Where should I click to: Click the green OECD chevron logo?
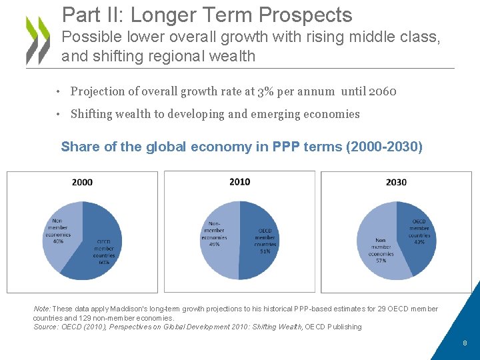(38, 40)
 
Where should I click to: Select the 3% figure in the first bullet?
(265, 91)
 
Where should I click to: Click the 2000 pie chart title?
(82, 182)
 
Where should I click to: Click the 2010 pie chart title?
(239, 181)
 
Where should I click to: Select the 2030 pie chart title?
(396, 182)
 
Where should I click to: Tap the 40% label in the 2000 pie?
(58, 241)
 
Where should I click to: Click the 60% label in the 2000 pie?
(104, 262)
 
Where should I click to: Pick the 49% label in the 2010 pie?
(215, 244)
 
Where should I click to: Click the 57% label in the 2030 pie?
(381, 261)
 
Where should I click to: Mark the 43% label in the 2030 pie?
(419, 241)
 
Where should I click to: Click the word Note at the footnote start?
(41, 309)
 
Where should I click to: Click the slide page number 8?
(465, 343)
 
